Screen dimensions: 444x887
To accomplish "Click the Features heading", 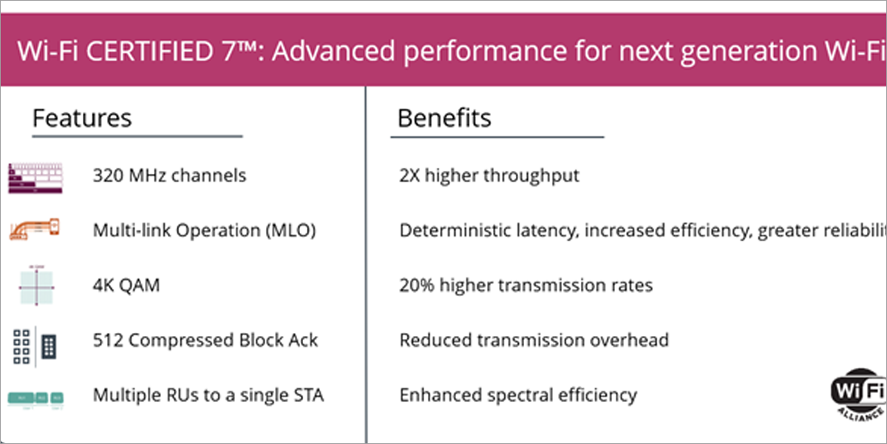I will pos(82,118).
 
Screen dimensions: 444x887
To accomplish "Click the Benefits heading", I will pos(444,118).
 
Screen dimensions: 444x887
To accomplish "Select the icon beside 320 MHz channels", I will pos(35,178).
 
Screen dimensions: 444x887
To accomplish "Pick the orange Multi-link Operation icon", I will pos(34,229).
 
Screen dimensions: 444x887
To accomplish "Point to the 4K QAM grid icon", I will pos(35,285).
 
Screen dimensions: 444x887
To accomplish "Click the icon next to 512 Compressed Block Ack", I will pos(35,343).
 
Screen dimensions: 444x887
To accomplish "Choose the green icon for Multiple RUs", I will pos(35,397).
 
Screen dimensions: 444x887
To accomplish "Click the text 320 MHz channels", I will pos(169,175).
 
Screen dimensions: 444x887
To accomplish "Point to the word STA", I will pos(308,395).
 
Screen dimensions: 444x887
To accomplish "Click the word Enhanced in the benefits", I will pos(435,395).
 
